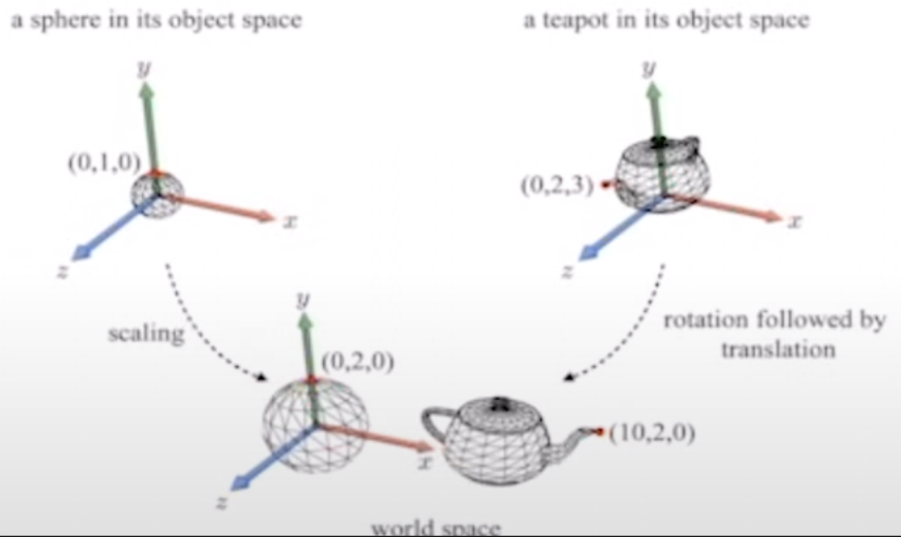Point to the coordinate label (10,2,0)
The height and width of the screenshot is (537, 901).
pyautogui.click(x=652, y=433)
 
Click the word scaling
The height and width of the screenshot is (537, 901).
pyautogui.click(x=146, y=333)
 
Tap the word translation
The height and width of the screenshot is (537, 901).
pyautogui.click(x=778, y=350)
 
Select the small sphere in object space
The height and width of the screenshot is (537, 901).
pyautogui.click(x=156, y=195)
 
